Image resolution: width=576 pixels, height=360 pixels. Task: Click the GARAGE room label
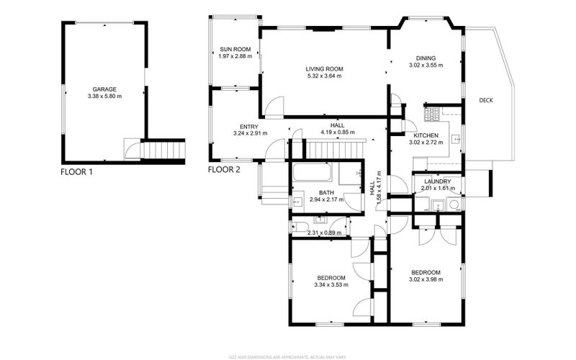tap(104, 89)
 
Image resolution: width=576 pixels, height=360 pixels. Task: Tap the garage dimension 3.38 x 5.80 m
tap(104, 96)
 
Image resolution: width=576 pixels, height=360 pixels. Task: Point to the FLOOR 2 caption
tap(223, 171)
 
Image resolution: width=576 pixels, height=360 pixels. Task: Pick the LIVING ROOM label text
tap(324, 68)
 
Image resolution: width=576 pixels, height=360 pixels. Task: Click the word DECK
tap(486, 100)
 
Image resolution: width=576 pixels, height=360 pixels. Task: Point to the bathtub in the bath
tap(312, 174)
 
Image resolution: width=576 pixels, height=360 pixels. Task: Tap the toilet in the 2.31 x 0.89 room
tap(297, 226)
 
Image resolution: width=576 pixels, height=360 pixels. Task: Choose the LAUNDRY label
tap(436, 181)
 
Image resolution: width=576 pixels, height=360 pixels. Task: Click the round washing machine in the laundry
tap(454, 205)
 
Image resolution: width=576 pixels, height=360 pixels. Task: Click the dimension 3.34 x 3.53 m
tap(331, 284)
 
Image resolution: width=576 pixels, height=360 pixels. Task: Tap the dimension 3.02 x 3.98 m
tap(426, 279)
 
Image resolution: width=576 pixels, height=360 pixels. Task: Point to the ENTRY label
tap(250, 126)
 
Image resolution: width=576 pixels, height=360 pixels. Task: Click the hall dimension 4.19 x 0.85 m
tap(338, 132)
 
